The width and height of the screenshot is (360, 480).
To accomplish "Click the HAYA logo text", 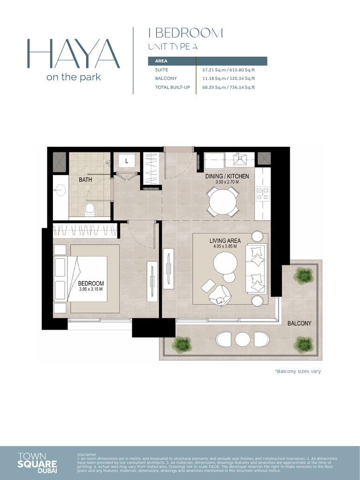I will pos(73,54).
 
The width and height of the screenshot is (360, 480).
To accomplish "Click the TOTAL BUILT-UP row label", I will pos(172,87).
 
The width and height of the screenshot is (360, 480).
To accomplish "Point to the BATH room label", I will pos(85,180).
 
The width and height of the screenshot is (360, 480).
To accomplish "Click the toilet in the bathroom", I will pos(90,209).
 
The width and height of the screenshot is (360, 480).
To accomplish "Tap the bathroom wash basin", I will pos(60,190).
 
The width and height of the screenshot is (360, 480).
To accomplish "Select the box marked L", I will pos(127,161).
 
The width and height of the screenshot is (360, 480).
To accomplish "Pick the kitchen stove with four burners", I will pos(262,192).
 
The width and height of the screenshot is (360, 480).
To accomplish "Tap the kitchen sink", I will pos(240,159).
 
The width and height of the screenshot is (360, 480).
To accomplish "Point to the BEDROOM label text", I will pos(91,284).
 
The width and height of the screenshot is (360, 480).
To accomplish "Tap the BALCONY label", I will pos(299,323).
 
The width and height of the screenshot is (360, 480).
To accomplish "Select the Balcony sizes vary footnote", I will pos(298,371).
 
